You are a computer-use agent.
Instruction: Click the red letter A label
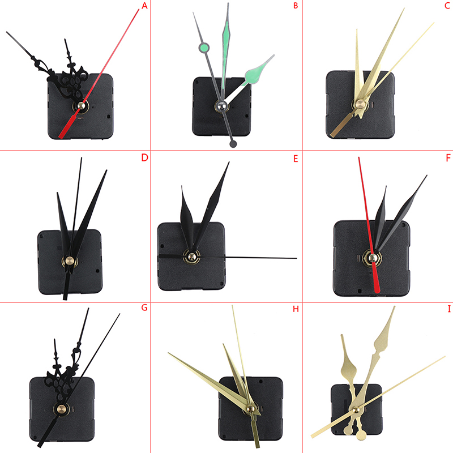click(144, 6)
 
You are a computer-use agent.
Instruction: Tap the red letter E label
click(296, 159)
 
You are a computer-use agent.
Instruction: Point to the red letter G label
click(144, 307)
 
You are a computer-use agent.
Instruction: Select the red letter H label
click(296, 309)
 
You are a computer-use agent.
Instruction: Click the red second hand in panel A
click(99, 74)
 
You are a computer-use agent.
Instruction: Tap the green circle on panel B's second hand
click(204, 48)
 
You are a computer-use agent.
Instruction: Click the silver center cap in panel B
click(221, 106)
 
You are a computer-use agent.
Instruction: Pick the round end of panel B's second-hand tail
click(233, 144)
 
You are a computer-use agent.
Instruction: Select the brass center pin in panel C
click(360, 104)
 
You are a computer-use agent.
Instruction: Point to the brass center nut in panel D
click(69, 261)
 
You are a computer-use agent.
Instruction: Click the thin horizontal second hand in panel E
click(228, 257)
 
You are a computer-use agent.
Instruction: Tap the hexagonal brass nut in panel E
click(191, 257)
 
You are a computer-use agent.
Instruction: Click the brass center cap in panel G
click(61, 408)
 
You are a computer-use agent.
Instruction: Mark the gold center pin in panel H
click(250, 408)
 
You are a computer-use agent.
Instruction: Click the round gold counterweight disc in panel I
click(361, 435)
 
